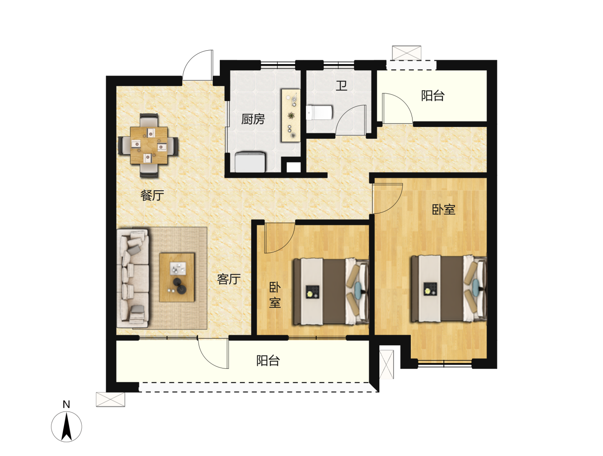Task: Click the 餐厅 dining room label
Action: coord(152,195)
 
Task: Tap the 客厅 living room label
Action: coord(229,279)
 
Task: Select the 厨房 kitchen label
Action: coord(253,119)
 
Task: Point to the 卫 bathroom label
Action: coord(341,86)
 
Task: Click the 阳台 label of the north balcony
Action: coord(433,96)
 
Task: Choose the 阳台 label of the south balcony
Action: coord(268,360)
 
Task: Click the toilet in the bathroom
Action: coord(319,113)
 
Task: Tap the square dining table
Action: coord(149,145)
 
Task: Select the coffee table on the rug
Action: coord(177,277)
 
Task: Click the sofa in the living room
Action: coord(133,278)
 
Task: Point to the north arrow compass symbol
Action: coord(67,427)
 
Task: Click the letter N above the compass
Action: coord(66,404)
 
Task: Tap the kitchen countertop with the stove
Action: coord(290,115)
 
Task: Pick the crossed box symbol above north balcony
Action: coord(406,53)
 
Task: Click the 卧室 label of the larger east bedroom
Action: coord(443,210)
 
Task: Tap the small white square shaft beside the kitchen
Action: coord(294,167)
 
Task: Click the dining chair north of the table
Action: coord(149,120)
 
